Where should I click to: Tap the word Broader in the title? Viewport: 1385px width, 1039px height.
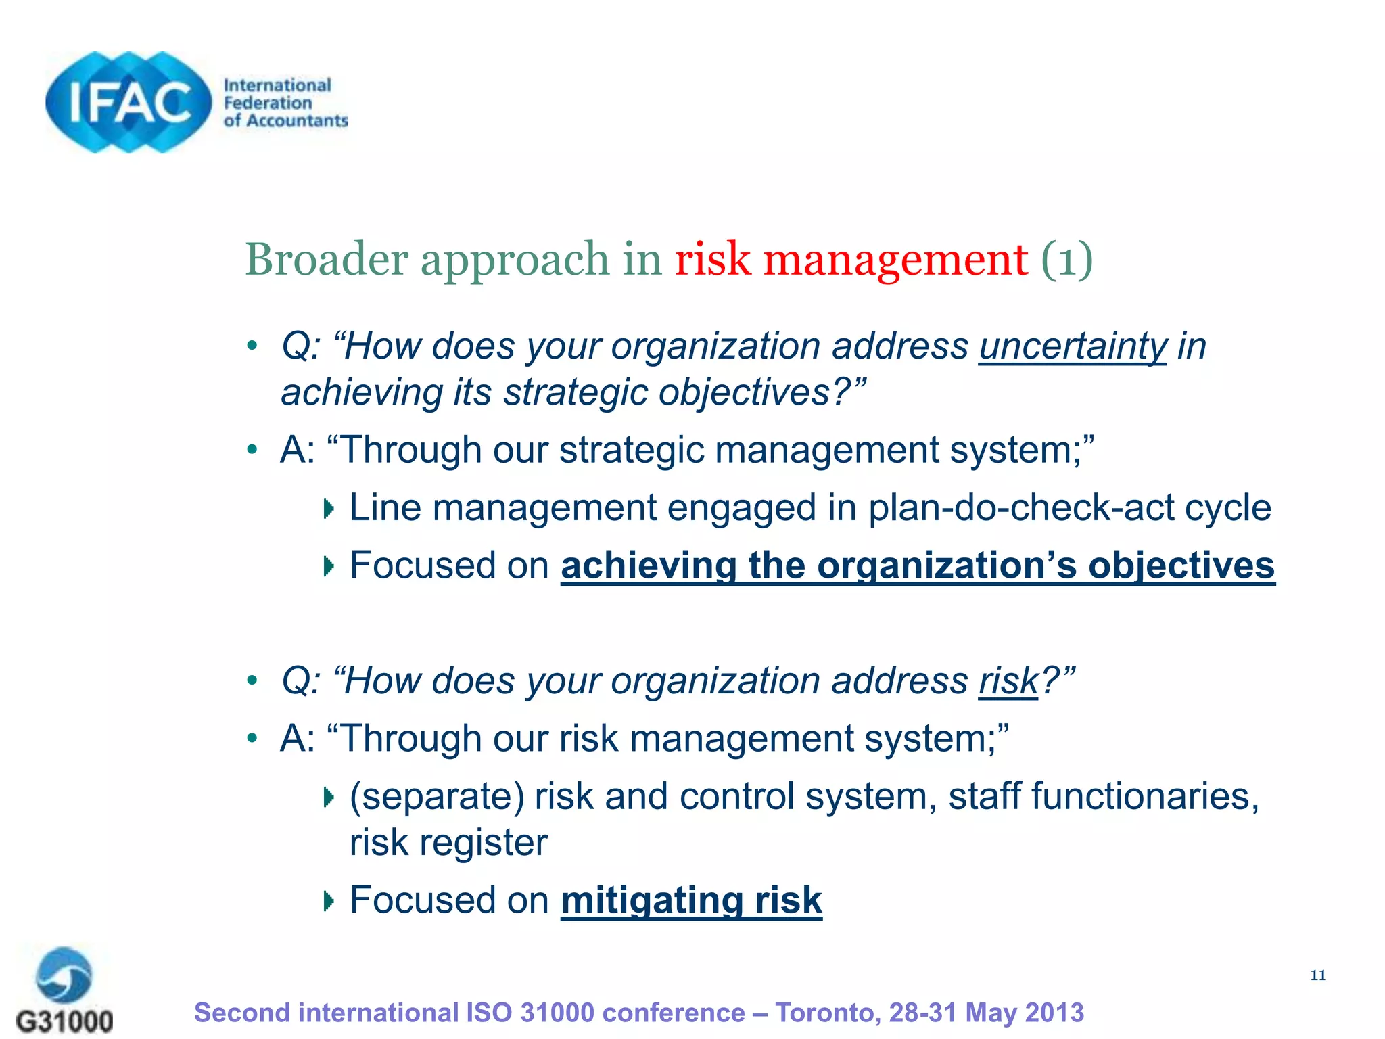coord(325,259)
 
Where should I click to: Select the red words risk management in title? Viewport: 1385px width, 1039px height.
coord(851,259)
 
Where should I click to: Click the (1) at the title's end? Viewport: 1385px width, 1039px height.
coord(1066,259)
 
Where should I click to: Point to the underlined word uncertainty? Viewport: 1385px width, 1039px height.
coord(1073,346)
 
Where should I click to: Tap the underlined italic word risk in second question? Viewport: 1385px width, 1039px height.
coord(1008,681)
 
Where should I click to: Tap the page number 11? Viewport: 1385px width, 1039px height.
coord(1318,975)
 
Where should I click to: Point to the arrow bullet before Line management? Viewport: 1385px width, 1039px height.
coord(329,509)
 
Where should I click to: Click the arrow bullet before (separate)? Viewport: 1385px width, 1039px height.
coord(329,798)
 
